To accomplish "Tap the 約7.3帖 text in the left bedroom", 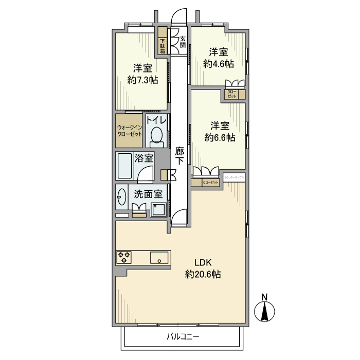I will coord(142,80).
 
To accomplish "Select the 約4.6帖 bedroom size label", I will coord(218,64).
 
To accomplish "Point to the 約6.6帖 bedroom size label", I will coord(220,137).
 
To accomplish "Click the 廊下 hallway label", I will coord(179,155).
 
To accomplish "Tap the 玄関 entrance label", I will coord(183,41).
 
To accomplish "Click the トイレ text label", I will coord(156,120).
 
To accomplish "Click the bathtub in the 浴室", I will coord(125,167).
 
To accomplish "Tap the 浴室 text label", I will coord(144,158).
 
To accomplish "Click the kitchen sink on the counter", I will coord(160,257).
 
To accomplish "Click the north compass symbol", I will coord(265,310).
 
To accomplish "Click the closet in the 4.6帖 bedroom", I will coord(233,95).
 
